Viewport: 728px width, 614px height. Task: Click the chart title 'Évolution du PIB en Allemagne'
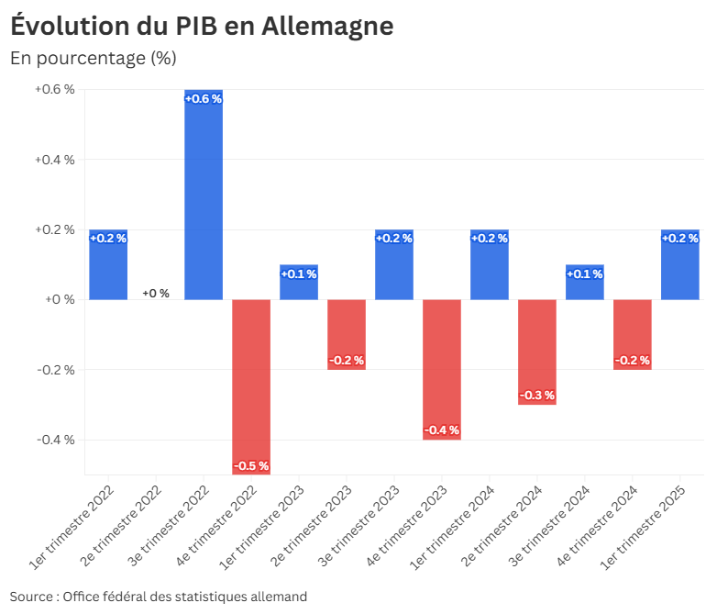(x=202, y=27)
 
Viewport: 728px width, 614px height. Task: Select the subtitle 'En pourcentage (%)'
(x=93, y=59)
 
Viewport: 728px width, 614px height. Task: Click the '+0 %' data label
(x=156, y=294)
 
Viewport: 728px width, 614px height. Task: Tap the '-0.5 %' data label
(x=251, y=466)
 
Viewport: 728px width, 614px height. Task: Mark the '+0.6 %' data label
(x=204, y=99)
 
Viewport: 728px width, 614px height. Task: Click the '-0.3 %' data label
(x=537, y=396)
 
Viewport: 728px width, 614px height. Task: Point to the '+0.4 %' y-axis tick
(x=54, y=160)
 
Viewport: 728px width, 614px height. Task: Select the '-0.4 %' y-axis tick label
(x=55, y=440)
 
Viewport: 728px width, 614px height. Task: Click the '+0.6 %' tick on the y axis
(x=54, y=90)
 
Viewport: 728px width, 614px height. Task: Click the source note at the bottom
(x=159, y=597)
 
